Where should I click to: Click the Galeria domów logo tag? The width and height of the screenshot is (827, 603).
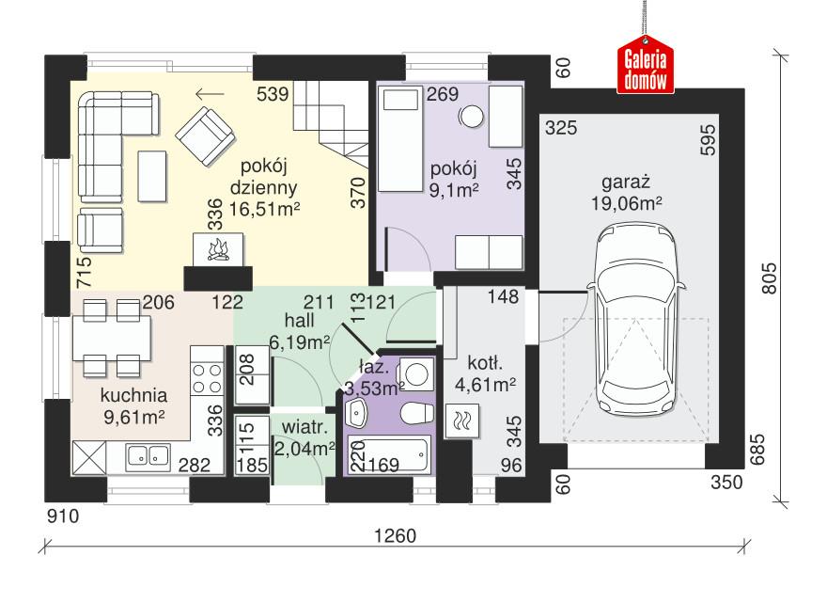646,67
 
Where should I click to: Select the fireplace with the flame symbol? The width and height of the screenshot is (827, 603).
218,250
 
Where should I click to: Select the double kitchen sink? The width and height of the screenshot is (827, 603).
147,456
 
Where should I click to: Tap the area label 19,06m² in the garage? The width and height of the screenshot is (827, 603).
628,200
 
